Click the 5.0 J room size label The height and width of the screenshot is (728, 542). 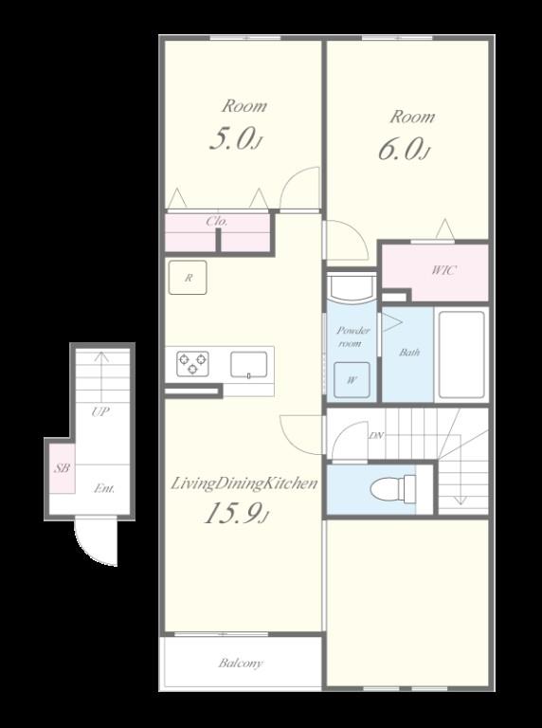[237, 138]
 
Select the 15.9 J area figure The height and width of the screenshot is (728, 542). [237, 513]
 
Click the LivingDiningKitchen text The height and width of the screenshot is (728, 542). [244, 483]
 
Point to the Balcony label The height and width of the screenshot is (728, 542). [241, 663]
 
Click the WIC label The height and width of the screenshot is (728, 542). [443, 270]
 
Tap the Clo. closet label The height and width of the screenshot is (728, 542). [217, 222]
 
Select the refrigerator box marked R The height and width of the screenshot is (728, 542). [188, 277]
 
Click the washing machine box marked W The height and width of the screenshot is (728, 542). [352, 379]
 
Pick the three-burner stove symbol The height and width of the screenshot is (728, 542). [192, 364]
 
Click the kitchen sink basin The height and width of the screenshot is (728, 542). [249, 364]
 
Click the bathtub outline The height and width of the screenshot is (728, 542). [461, 355]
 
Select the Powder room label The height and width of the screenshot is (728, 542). [353, 337]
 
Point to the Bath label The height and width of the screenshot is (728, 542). [409, 352]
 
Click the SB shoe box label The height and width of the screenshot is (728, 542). [62, 468]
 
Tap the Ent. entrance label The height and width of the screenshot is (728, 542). [104, 488]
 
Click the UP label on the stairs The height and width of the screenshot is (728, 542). [100, 411]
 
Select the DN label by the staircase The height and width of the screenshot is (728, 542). [376, 435]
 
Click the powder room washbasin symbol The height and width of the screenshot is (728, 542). [352, 288]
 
